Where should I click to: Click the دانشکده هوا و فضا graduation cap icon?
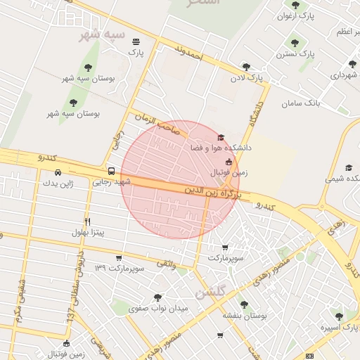pos(221,137)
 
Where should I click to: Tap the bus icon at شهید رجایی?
pos(111,171)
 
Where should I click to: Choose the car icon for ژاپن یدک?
pos(58,172)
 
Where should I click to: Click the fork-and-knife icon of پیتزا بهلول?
pos(87,221)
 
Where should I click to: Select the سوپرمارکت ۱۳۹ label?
pos(120,268)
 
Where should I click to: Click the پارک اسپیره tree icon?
pos(340,316)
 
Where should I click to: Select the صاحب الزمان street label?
pos(161,125)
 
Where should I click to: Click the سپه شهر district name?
pos(103,34)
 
